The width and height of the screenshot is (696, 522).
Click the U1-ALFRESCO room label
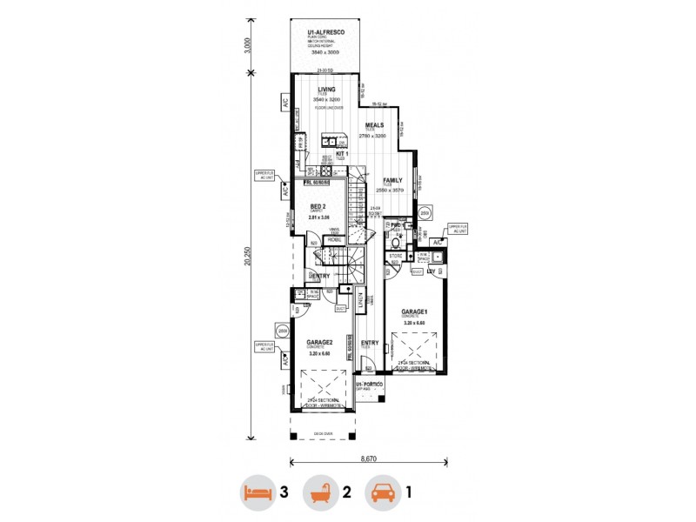coord(326,32)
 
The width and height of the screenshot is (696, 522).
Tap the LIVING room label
coord(326,90)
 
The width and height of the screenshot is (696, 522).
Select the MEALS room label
coord(375,125)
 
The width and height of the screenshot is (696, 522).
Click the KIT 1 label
coord(342,153)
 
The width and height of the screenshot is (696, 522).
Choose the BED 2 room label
coord(318,206)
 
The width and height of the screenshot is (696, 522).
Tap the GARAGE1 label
coord(414,311)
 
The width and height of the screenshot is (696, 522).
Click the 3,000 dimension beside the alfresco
coord(248,45)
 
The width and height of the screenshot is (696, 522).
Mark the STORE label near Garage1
coord(396,257)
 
